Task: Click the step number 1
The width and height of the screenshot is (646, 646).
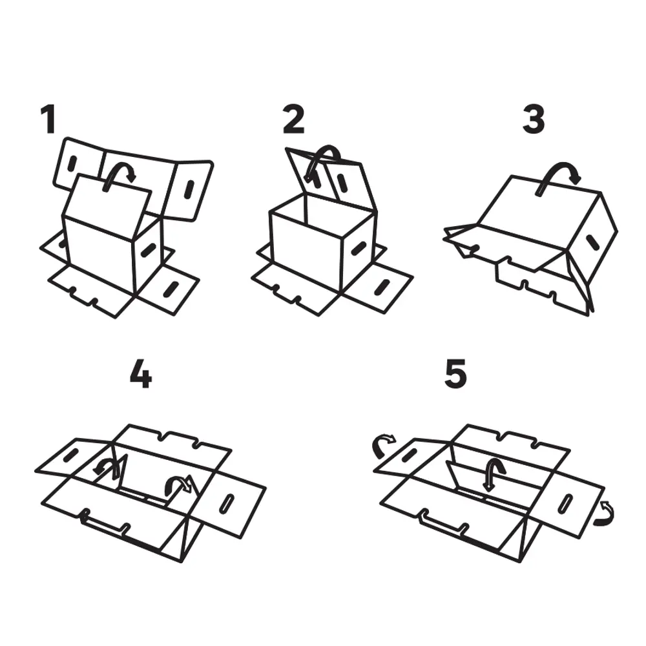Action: pos(48,119)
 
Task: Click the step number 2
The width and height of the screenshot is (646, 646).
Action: pos(293,119)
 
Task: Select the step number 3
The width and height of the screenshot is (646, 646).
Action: pos(534,119)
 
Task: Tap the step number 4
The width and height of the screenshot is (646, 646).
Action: pos(141,374)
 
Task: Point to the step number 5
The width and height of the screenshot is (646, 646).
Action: pos(455,374)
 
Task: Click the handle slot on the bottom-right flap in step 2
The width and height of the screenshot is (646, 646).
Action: pos(382,288)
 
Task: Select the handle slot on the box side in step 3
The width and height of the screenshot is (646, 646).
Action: pos(594,242)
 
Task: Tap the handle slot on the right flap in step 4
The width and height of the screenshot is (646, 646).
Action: pos(227,503)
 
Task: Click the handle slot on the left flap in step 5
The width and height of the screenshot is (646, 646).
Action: pos(409,455)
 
